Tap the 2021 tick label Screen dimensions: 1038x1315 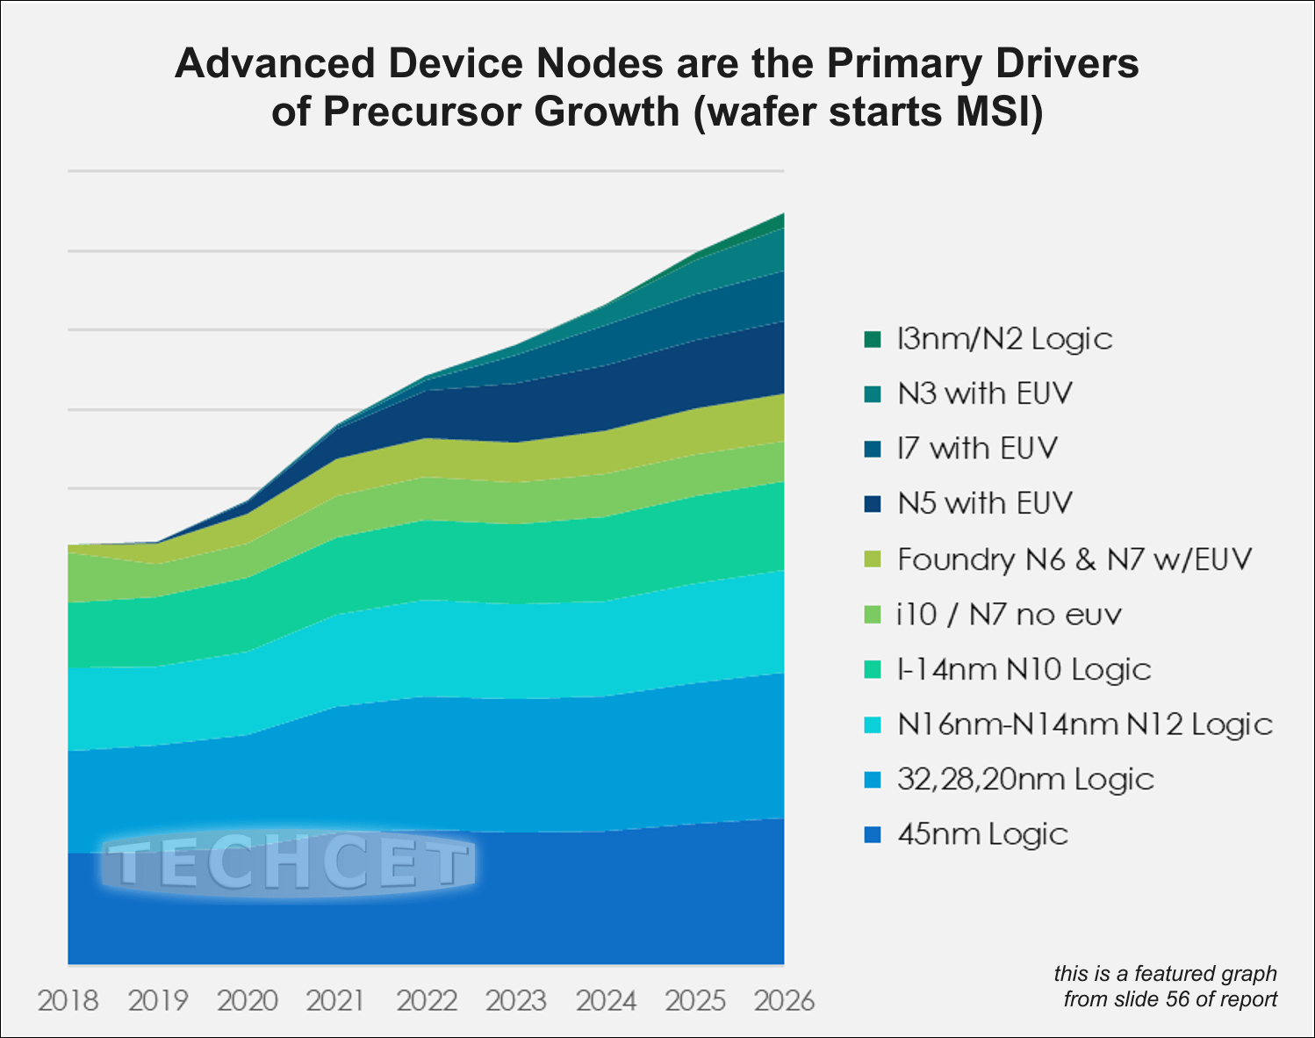point(336,1000)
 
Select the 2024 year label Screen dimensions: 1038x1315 point(606,1000)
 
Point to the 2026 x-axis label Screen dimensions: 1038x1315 point(784,1000)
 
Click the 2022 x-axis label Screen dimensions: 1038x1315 point(427,1000)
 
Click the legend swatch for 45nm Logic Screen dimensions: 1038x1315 point(872,834)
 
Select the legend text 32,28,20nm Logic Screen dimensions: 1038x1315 point(1025,779)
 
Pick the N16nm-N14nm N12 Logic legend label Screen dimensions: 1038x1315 point(1084,724)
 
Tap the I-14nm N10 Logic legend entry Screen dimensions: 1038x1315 point(1024,669)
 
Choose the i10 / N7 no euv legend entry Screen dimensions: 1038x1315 point(1009,614)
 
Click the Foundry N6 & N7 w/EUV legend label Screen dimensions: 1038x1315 point(1074,559)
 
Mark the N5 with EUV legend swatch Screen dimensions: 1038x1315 point(872,504)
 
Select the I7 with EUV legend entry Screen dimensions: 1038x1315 point(977,448)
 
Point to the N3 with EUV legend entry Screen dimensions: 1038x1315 point(984,393)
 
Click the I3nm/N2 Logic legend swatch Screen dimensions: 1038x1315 point(872,339)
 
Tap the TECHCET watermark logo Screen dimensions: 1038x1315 point(290,864)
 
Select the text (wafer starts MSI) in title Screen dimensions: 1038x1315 point(868,112)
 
